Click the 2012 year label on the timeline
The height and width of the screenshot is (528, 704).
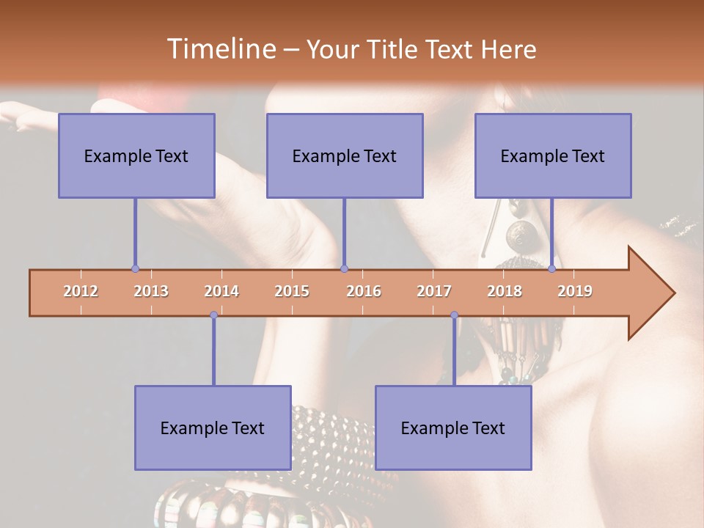click(81, 291)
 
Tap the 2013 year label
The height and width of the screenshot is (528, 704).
click(151, 291)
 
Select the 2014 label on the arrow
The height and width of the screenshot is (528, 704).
click(221, 291)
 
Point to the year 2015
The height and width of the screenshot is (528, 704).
click(292, 291)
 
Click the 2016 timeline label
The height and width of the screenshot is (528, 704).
click(364, 291)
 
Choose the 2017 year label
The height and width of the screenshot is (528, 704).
click(434, 291)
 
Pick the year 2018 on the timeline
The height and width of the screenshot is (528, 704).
click(505, 291)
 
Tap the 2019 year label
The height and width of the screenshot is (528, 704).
click(575, 291)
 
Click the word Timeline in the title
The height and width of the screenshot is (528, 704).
click(220, 49)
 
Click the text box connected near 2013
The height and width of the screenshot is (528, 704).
click(136, 155)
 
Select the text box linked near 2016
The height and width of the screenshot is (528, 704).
click(345, 155)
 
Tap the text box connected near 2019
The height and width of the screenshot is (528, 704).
click(553, 155)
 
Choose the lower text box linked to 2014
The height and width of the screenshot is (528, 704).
click(213, 428)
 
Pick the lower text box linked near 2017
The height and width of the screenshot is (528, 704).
click(453, 428)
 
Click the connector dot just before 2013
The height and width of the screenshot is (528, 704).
click(135, 269)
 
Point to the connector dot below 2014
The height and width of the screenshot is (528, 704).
click(213, 315)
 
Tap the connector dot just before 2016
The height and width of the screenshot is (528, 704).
click(344, 269)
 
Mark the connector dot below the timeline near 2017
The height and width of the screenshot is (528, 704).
click(454, 315)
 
